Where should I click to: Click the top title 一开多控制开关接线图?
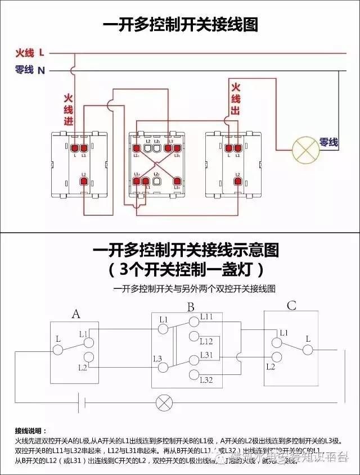coord(180,26)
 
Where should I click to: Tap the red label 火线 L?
coord(30,53)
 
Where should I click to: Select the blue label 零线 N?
coord(30,70)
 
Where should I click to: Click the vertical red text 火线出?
coord(235,99)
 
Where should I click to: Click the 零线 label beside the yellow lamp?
coord(329,143)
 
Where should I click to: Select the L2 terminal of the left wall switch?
coord(83,181)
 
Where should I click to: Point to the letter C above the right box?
coord(291,306)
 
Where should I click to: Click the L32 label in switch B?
coord(206,381)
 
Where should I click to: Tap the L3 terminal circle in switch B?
coord(164,367)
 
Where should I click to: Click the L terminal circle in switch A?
coord(57,350)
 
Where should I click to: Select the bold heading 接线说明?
coord(31,430)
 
